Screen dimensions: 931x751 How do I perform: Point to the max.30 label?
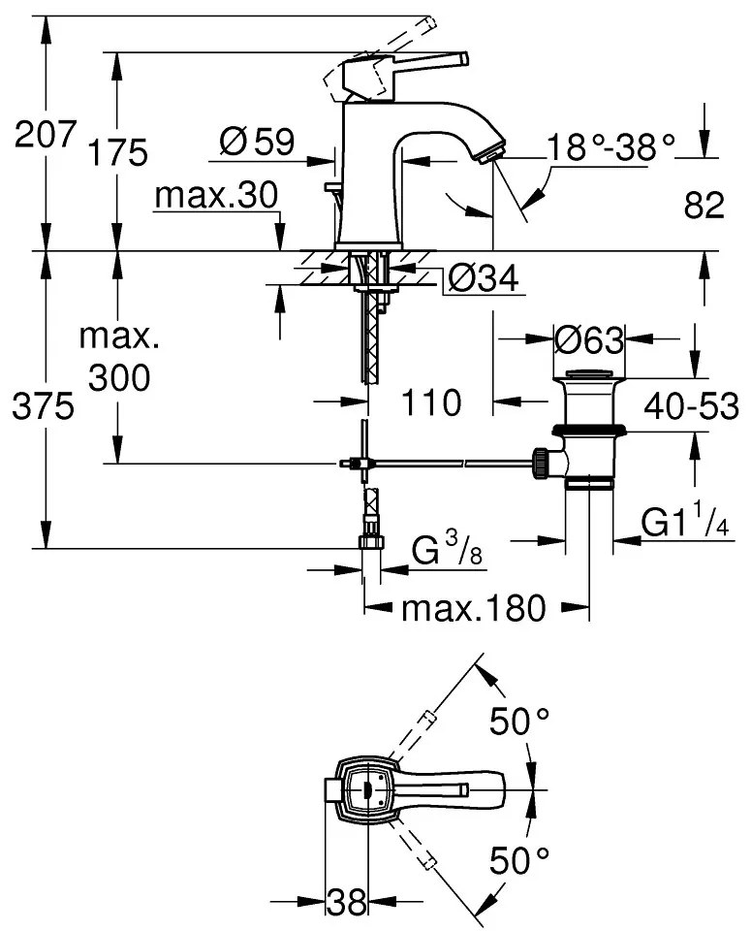pyautogui.click(x=216, y=197)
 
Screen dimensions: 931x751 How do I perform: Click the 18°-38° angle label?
pyautogui.click(x=610, y=148)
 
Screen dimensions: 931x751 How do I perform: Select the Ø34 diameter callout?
pyautogui.click(x=483, y=280)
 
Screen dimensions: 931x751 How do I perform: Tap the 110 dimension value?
pyautogui.click(x=430, y=401)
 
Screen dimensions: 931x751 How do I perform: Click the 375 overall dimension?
pyautogui.click(x=45, y=408)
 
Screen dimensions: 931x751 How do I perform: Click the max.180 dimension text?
pyautogui.click(x=475, y=609)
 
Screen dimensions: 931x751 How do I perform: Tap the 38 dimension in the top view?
pyautogui.click(x=347, y=904)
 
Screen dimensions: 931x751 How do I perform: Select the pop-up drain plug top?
pyautogui.click(x=589, y=374)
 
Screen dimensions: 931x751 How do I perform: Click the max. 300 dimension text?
pyautogui.click(x=118, y=358)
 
